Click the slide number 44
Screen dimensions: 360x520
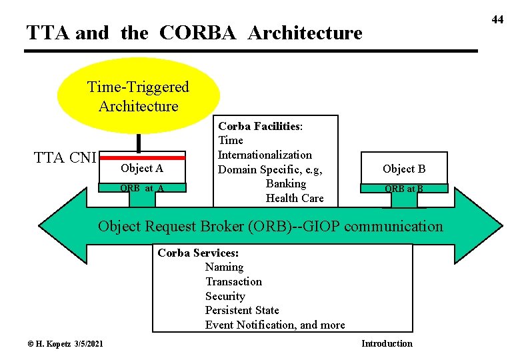497,19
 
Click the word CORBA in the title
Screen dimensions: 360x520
197,33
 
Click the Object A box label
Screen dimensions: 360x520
142,169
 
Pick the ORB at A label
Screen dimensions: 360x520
142,188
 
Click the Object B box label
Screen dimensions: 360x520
404,169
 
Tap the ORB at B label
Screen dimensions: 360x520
404,189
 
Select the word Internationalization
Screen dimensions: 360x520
265,155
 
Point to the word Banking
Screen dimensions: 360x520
286,183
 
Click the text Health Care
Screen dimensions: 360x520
295,198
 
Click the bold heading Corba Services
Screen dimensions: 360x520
198,253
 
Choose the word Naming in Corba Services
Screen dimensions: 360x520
224,267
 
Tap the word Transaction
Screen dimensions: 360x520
233,281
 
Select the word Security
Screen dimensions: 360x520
225,296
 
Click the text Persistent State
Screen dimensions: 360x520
242,310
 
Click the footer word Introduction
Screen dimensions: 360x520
387,343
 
